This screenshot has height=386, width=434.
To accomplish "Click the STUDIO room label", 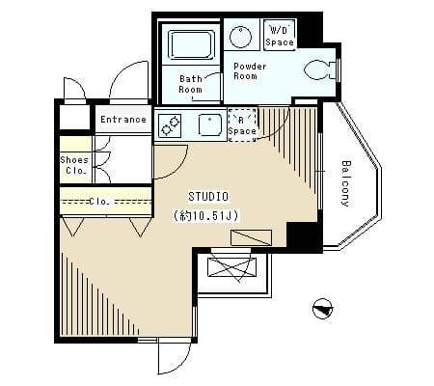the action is pos(208,197).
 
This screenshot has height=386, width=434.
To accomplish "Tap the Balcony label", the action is pos(345,183).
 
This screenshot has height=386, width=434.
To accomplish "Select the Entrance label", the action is pos(123,120).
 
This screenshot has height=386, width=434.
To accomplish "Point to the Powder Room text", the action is pos(250,71).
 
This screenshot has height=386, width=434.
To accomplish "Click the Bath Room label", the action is pos(191,84).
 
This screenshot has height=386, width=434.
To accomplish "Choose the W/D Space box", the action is pos(280,36).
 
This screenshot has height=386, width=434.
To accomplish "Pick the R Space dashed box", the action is pos(242,125).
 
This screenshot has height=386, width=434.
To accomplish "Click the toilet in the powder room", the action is pos(319,69).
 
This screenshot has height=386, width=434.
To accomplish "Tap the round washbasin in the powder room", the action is pos(240,37).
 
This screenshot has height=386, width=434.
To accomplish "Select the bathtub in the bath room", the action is pos(191,44).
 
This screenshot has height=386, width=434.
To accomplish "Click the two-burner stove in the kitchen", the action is pos(170,125).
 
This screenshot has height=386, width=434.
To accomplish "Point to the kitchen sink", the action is pos(210,125).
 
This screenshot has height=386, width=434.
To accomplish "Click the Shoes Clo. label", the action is pos(74,165).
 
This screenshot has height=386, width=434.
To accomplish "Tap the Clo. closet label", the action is pos(99,202).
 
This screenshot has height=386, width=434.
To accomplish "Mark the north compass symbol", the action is pos(322,309).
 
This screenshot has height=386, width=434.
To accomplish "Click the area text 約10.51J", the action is pos(206,215).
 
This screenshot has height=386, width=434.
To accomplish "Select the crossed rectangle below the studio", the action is pos(232,267).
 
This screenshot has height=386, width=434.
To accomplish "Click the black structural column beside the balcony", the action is pos(303,234).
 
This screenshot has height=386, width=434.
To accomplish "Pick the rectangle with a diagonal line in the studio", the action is pos(251,237).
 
